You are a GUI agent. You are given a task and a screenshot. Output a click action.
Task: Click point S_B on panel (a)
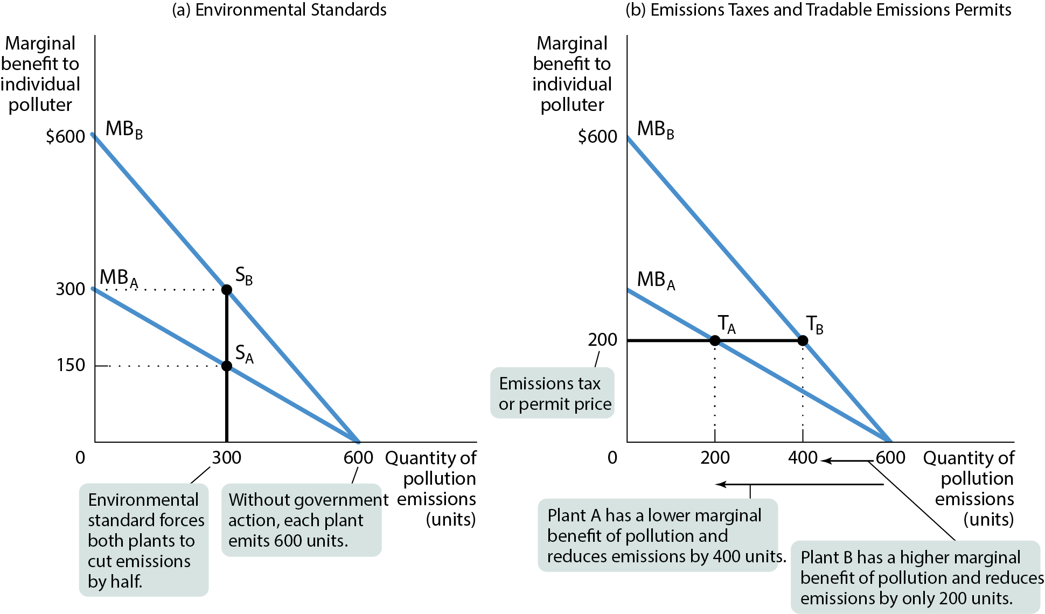point(227,290)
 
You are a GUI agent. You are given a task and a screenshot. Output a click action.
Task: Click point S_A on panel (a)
point(227,366)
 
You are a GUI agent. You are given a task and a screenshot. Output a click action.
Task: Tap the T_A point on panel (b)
point(715,340)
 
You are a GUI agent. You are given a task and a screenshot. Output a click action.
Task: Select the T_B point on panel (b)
point(803,340)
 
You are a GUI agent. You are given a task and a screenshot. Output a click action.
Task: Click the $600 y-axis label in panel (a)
point(66,137)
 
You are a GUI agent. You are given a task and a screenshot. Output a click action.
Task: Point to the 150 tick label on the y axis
point(71,365)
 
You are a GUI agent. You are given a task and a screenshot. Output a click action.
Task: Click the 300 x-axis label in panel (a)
point(226,458)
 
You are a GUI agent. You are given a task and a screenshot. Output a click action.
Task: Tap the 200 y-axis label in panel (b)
point(603,340)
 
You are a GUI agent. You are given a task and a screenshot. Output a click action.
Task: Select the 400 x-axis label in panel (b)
point(803,458)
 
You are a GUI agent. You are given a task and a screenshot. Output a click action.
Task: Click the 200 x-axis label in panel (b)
point(715,458)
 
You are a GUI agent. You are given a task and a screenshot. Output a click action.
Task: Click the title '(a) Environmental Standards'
point(279,10)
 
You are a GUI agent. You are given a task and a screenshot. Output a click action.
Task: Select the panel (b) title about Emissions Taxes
point(818,10)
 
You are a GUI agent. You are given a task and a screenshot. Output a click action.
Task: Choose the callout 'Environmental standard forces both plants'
point(144,540)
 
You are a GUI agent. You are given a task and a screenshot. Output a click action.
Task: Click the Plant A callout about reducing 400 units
point(658,535)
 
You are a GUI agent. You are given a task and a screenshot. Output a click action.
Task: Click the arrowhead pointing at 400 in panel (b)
point(825,460)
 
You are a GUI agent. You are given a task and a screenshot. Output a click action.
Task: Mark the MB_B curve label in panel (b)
point(656,130)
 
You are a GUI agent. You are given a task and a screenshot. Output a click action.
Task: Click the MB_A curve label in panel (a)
point(119,278)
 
